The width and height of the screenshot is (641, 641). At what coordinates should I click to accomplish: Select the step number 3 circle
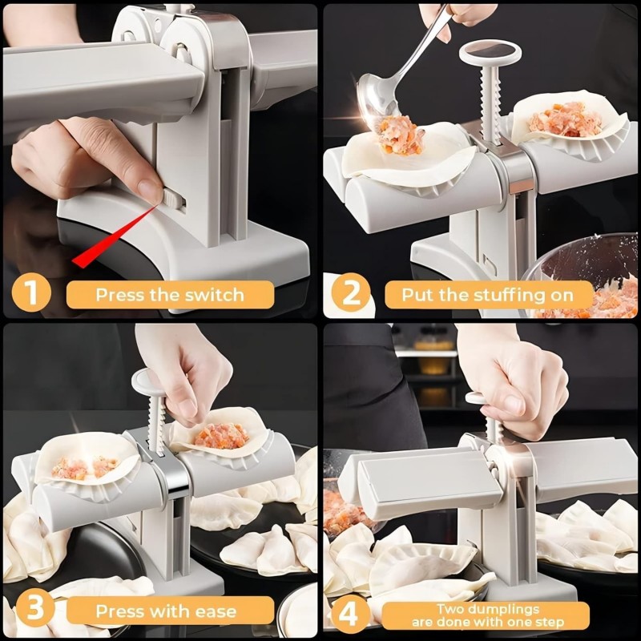tap(30, 611)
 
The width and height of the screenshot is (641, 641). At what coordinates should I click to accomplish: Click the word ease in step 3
tap(214, 612)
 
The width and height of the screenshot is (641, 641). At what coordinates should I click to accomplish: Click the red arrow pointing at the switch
tap(112, 232)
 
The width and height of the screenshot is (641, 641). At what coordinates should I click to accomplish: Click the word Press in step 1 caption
tap(122, 295)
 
